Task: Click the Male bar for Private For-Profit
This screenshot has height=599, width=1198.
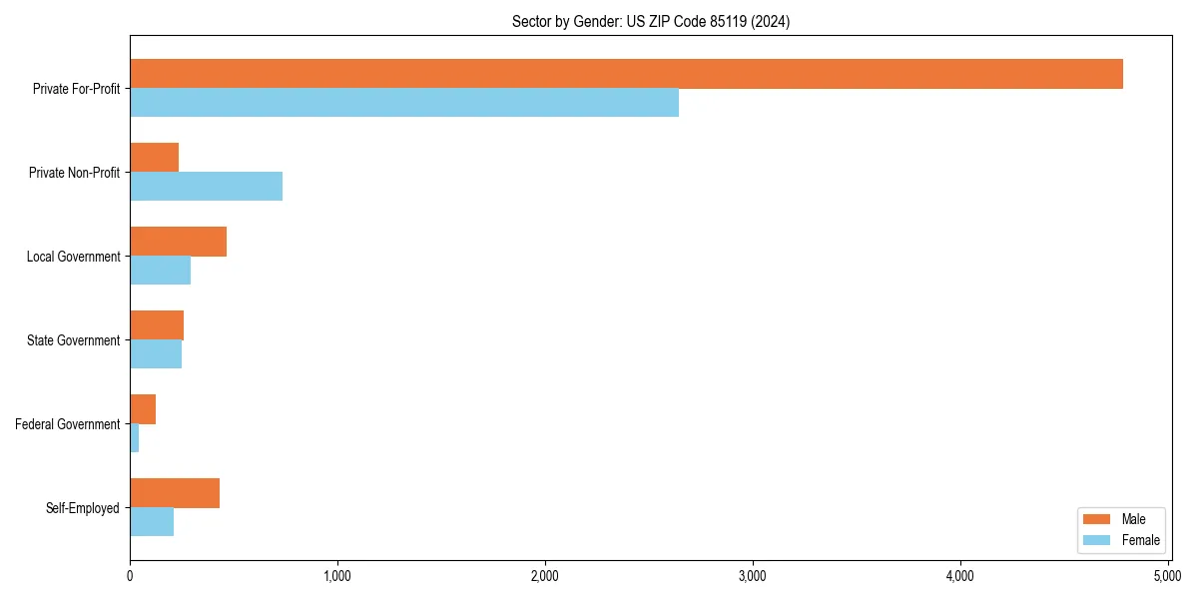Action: [626, 74]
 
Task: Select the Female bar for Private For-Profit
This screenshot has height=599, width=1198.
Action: [404, 103]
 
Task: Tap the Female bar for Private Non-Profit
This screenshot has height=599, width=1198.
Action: [206, 187]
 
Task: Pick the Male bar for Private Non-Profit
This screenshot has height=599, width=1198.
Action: [154, 158]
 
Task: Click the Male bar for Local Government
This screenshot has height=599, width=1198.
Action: [178, 242]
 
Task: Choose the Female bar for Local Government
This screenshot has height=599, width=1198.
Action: [160, 271]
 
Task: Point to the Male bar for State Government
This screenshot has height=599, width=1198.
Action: [157, 325]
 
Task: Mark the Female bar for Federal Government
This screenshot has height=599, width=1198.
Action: [135, 438]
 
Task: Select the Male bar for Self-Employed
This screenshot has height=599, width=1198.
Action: [175, 493]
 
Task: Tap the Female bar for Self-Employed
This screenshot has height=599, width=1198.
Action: [152, 522]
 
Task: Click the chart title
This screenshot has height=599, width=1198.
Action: [651, 22]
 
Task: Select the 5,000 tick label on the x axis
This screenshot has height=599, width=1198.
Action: [1167, 576]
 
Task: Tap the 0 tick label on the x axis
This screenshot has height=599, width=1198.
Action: [130, 576]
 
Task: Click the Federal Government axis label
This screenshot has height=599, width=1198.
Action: [68, 424]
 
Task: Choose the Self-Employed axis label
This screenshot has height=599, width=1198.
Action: [83, 508]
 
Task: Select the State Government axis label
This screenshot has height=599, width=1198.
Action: [73, 340]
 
